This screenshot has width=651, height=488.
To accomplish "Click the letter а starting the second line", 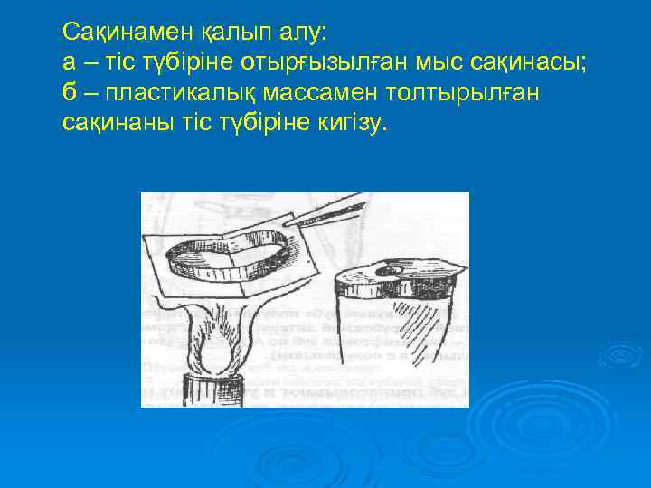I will (69, 61).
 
